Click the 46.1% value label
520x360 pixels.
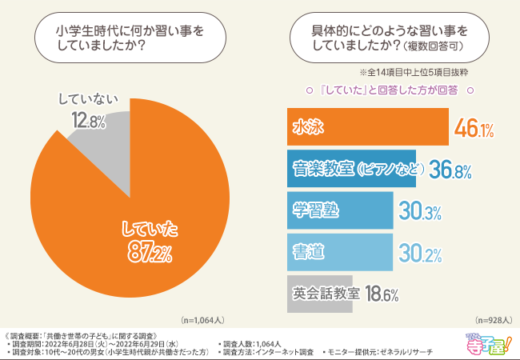pyautogui.click(x=473, y=128)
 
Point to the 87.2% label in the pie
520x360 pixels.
pyautogui.click(x=150, y=253)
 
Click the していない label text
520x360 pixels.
pyautogui.click(x=89, y=100)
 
